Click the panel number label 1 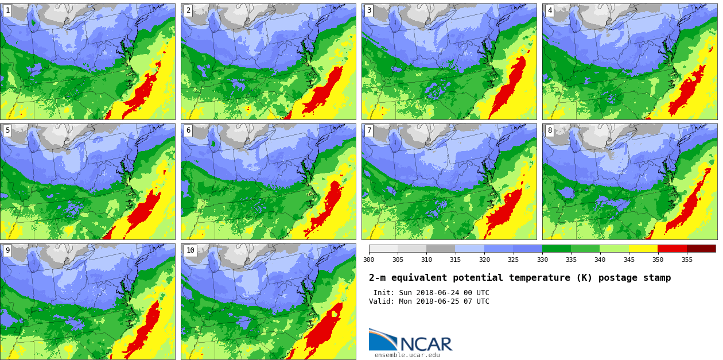(7, 10)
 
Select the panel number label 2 (188, 10)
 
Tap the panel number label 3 (369, 10)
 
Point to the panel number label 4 (550, 10)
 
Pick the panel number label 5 (7, 130)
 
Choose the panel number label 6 (188, 130)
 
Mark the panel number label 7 (369, 130)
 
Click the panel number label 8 (550, 130)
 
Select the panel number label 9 (7, 250)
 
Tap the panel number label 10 (190, 250)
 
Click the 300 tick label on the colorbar (369, 260)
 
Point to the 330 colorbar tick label (542, 260)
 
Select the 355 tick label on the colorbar (687, 260)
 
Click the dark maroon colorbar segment (701, 249)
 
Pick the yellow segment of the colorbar (643, 249)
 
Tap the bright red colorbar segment (672, 249)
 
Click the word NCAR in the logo (426, 344)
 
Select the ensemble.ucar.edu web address (407, 355)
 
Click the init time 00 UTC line (431, 293)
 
